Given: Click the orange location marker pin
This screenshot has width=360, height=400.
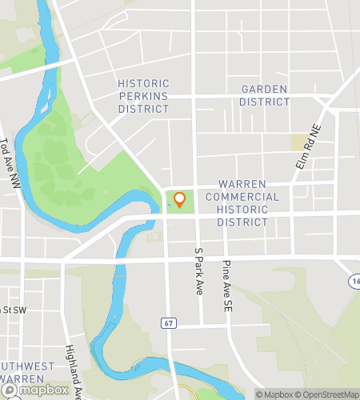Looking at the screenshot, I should [x=180, y=200].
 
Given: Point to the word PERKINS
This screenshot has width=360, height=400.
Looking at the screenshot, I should [x=143, y=95].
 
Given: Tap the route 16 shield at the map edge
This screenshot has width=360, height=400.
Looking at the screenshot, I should [x=354, y=282].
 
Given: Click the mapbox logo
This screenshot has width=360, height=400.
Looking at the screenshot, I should [x=35, y=390].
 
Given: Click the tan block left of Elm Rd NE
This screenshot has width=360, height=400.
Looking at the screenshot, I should [x=298, y=142].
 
